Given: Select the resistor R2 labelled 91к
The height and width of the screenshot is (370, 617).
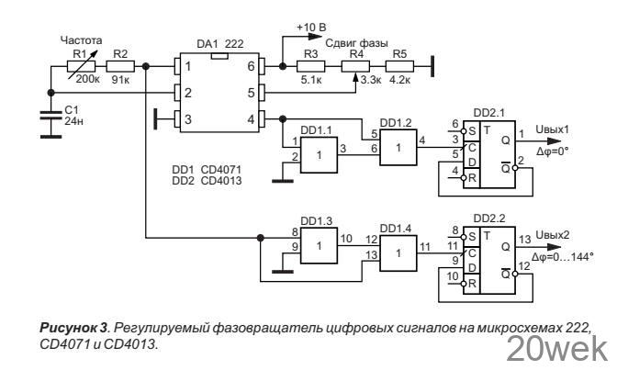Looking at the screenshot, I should (x=119, y=66).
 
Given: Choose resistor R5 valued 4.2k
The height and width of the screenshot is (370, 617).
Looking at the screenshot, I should (x=400, y=66).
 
